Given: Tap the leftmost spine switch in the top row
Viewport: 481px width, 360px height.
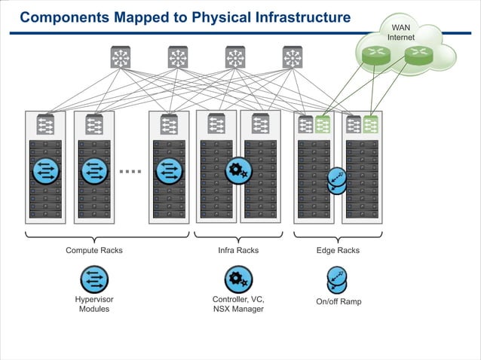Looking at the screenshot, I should click(121, 57).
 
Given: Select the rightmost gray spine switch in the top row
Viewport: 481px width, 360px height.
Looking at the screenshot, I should click(293, 57).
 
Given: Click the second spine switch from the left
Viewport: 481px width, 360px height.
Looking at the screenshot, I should click(178, 57).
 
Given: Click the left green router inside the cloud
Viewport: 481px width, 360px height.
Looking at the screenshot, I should click(372, 54).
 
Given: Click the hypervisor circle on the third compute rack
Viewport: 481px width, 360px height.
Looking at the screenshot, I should click(170, 170).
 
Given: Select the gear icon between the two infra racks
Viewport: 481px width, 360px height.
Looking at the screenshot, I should click(238, 171).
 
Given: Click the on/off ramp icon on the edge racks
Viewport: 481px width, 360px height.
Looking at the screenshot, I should click(337, 181).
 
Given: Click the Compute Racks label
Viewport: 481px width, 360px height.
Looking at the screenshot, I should click(94, 250).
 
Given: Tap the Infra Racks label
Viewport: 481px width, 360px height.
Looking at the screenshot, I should click(238, 250).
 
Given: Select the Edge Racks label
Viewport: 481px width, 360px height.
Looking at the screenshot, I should click(337, 250).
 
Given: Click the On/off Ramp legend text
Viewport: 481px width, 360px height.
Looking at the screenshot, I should click(339, 302).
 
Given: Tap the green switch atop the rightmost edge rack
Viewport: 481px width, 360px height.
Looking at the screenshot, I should click(370, 124).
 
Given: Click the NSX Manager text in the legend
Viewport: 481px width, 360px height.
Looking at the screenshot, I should click(238, 309).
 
